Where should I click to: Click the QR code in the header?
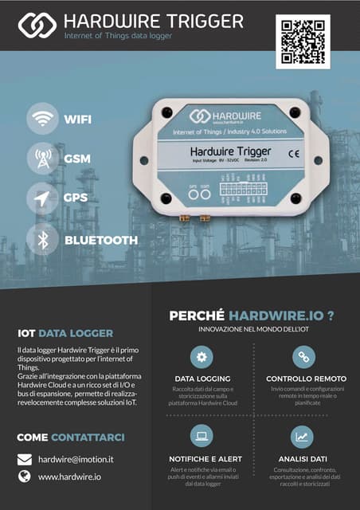tap(302, 41)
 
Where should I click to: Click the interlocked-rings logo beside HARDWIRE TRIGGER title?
tap(37, 25)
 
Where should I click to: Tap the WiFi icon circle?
tap(41, 120)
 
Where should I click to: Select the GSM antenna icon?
tap(41, 158)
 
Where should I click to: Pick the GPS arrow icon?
tap(41, 198)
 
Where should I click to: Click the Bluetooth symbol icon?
tap(41, 239)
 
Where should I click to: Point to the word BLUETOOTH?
tap(101, 240)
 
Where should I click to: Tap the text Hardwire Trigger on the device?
tap(230, 151)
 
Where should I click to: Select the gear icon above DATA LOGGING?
tap(202, 356)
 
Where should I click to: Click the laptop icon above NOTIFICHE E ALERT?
tap(202, 436)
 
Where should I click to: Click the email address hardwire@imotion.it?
tap(76, 459)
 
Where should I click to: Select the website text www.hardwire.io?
tap(69, 477)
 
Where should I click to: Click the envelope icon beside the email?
tap(25, 459)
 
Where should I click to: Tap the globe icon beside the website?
tap(25, 477)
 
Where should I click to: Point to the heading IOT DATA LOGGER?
tap(65, 333)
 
